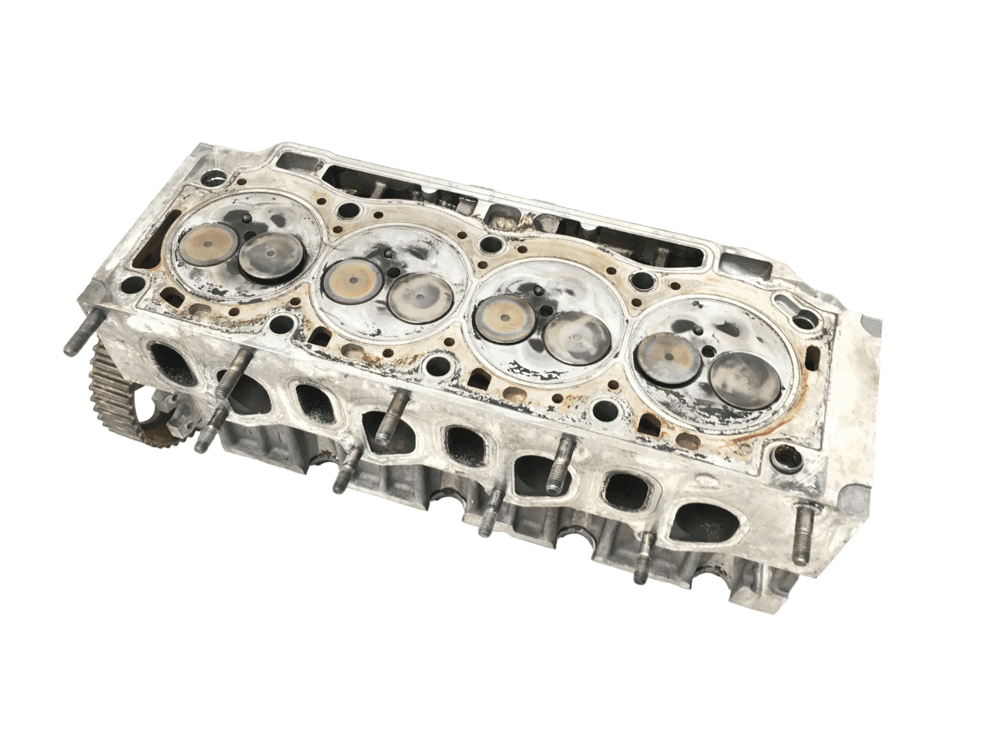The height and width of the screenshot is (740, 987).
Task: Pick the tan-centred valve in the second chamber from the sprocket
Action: (x=349, y=279)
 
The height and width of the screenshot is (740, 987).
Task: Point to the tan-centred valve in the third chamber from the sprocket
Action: (x=505, y=315)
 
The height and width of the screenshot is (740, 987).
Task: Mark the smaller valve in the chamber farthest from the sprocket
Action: (x=665, y=355)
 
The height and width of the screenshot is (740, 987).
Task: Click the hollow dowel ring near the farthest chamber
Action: (x=788, y=465)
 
